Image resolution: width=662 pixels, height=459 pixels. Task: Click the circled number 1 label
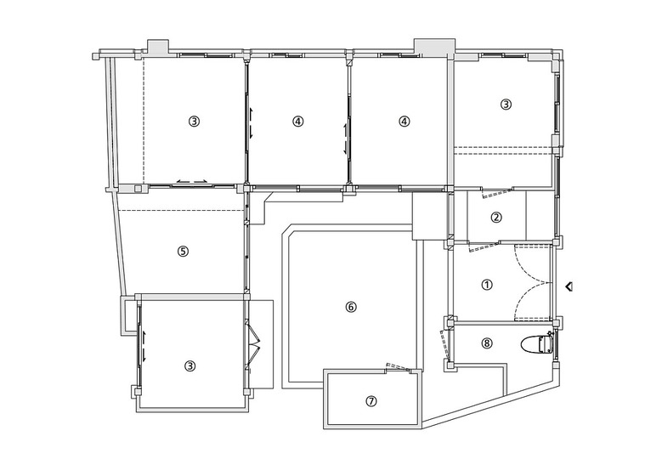pyautogui.click(x=487, y=285)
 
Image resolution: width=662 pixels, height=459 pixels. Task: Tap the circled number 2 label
pyautogui.click(x=496, y=218)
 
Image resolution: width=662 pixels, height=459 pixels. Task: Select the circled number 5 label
pyautogui.click(x=183, y=252)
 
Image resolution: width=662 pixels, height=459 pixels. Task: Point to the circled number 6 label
pyautogui.click(x=351, y=307)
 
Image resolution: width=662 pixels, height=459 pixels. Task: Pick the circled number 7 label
pyautogui.click(x=371, y=401)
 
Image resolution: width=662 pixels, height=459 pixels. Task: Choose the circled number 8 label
pyautogui.click(x=487, y=343)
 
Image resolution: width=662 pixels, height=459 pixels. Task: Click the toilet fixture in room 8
pyautogui.click(x=536, y=343)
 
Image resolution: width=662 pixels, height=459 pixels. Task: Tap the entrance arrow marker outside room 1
pyautogui.click(x=569, y=286)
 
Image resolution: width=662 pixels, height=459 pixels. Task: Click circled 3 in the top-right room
pyautogui.click(x=506, y=104)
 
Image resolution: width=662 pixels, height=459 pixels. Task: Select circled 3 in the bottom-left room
pyautogui.click(x=190, y=365)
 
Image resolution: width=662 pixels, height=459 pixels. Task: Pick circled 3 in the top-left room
pyautogui.click(x=194, y=122)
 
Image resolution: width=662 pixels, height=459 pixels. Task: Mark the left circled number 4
pyautogui.click(x=297, y=122)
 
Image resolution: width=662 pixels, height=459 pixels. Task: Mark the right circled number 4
pyautogui.click(x=404, y=122)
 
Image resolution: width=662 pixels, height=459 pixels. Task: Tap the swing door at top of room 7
pyautogui.click(x=399, y=367)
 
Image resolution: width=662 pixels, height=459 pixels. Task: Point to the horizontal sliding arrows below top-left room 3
pyautogui.click(x=193, y=181)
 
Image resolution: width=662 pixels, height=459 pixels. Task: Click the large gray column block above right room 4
pyautogui.click(x=434, y=47)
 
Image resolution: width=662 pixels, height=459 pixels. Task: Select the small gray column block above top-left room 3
pyautogui.click(x=158, y=47)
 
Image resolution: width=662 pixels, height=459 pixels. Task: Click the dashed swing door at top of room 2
pyautogui.click(x=496, y=194)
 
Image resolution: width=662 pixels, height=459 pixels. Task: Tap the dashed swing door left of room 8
pyautogui.click(x=444, y=344)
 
